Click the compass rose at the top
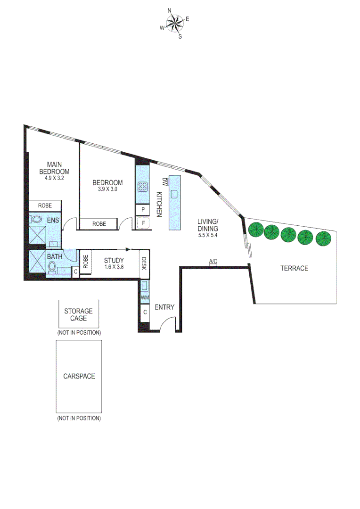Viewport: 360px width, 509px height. click(175, 23)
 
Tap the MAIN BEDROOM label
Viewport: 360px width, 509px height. click(54, 168)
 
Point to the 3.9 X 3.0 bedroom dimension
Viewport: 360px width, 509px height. click(107, 189)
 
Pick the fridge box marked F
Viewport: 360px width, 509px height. click(143, 223)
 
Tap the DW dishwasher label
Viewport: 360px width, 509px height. click(165, 181)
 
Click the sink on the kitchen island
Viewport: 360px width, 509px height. click(174, 194)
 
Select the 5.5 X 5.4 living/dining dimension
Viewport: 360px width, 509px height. click(208, 235)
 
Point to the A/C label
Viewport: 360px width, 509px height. click(213, 261)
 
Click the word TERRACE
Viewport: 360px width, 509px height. click(294, 268)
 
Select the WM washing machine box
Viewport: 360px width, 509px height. click(145, 297)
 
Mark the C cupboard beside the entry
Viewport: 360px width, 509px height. click(145, 312)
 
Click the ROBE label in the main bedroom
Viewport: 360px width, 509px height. click(45, 205)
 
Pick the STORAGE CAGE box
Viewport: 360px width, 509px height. click(79, 314)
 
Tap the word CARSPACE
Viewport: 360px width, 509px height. click(79, 376)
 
